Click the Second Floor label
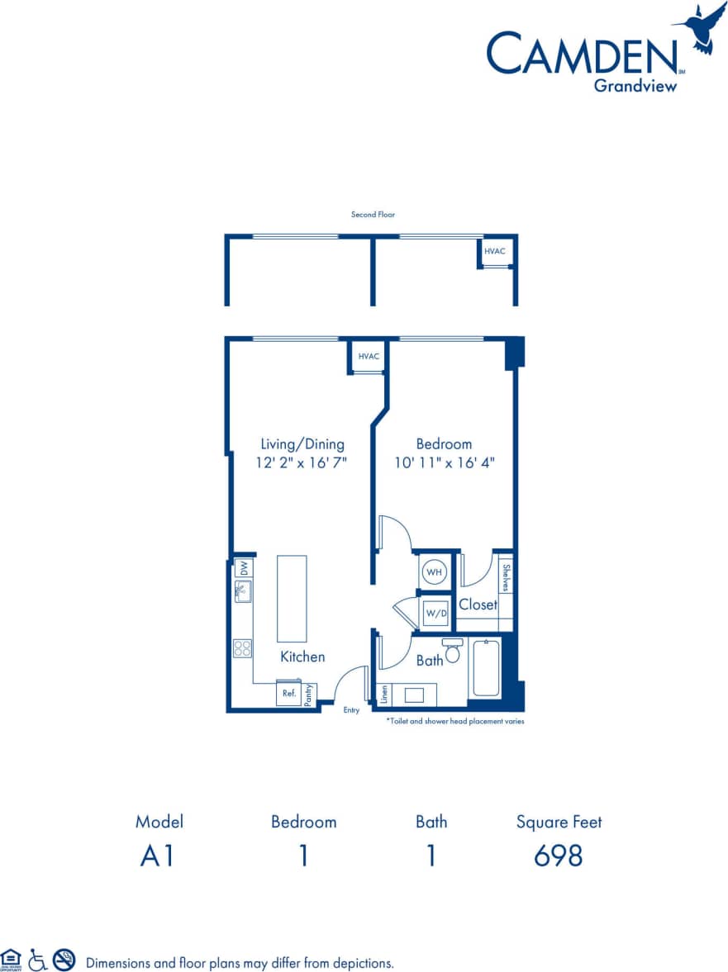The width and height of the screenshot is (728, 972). pos(373,215)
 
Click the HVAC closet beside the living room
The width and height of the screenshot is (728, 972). pos(369,357)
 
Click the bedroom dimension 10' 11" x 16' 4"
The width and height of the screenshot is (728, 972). pos(445,463)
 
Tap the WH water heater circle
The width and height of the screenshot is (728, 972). pos(433,571)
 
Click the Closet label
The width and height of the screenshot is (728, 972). pos(478,605)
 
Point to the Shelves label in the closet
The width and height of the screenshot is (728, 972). pos(506,576)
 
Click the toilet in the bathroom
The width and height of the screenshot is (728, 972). pos(452,652)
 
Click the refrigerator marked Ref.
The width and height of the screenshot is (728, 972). pos(289,694)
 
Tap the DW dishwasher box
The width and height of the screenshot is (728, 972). pos(244,568)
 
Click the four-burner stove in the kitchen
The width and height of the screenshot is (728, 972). pos(242,648)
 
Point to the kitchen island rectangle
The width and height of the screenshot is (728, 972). pos(292,599)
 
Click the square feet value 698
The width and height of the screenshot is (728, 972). pos(559,856)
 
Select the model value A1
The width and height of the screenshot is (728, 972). pos(157,856)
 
